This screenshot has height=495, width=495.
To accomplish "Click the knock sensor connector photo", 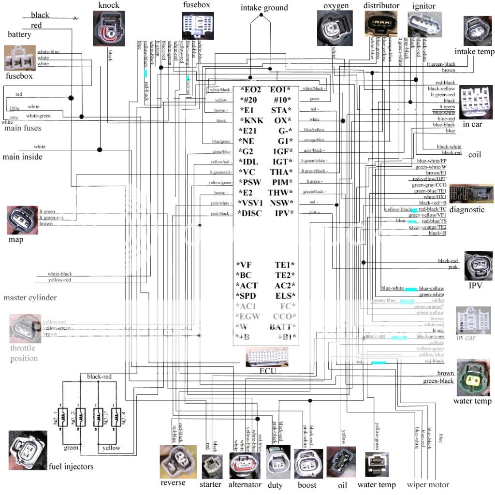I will point(109,29).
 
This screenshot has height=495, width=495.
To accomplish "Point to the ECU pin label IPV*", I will point(284,213).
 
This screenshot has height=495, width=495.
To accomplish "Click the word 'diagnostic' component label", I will point(466,210).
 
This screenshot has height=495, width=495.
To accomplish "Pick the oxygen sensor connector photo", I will point(335,29).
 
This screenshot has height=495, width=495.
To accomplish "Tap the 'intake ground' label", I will point(264,8).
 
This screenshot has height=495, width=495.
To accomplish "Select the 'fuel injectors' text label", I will point(71,466).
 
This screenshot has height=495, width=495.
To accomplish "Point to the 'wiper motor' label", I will point(428,484).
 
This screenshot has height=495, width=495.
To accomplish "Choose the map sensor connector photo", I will point(22,220).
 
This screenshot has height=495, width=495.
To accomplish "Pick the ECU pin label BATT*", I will point(282,327).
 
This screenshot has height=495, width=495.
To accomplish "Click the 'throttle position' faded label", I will point(24,353).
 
